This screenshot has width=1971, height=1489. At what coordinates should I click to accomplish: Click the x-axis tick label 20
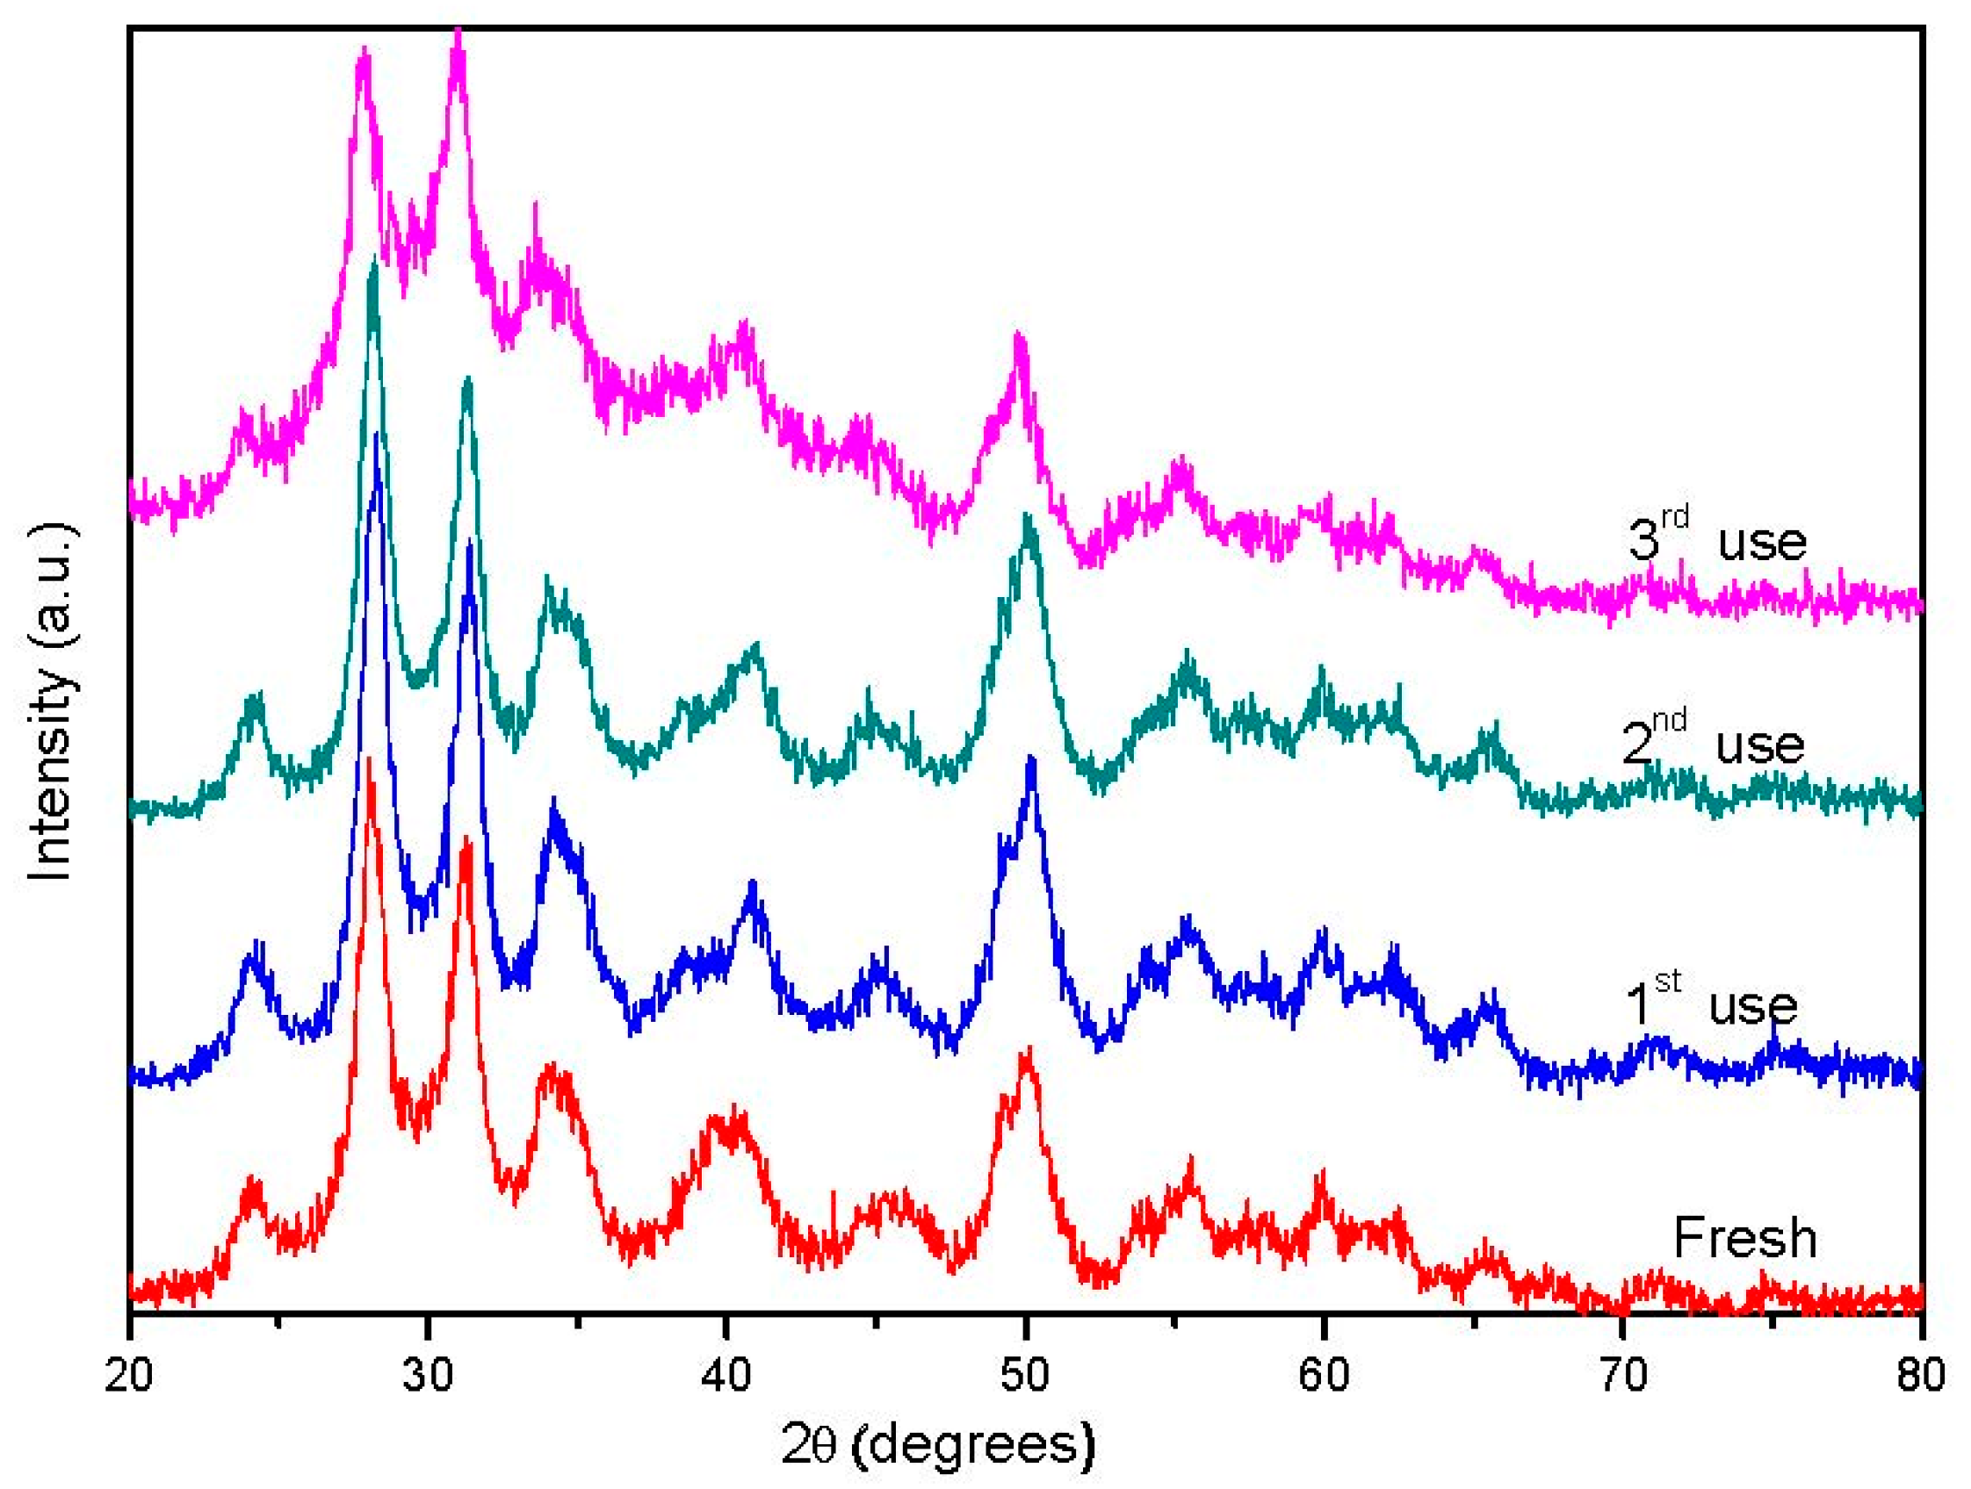tap(129, 1376)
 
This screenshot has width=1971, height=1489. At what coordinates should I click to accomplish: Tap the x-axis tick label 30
tap(428, 1376)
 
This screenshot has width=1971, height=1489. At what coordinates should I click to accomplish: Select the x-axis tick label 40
tap(726, 1376)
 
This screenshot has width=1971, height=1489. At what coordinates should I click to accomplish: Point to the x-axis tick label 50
tap(1025, 1376)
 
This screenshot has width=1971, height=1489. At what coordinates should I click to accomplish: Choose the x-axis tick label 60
tap(1323, 1376)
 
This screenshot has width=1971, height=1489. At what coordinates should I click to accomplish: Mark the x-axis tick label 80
tap(1920, 1376)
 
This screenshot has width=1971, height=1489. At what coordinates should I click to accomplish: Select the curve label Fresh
tap(1744, 1238)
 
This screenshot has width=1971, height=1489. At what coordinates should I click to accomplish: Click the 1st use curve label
tap(1711, 1003)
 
